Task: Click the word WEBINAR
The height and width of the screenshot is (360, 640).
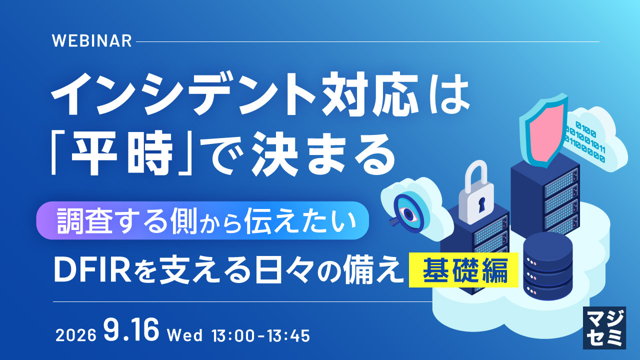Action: tap(91, 41)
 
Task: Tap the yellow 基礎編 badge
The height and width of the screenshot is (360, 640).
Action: tap(463, 270)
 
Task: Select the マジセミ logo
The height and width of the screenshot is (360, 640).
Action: tap(604, 328)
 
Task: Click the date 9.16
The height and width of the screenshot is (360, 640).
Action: tap(131, 329)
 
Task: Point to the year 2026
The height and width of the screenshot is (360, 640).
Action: tap(75, 335)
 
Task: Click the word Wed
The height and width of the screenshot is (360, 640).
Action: tap(185, 335)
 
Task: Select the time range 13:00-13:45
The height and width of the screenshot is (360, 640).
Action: tap(261, 335)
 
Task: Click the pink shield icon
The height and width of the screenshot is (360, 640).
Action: tap(543, 131)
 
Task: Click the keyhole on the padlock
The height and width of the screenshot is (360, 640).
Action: tap(481, 204)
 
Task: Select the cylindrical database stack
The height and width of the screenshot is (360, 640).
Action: tap(547, 266)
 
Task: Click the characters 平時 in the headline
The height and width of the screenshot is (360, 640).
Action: tap(122, 153)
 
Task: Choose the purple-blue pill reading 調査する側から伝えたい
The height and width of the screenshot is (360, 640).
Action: tap(202, 220)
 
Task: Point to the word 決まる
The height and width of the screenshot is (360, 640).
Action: tap(323, 154)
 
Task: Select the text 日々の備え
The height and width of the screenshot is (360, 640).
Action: tap(327, 270)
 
